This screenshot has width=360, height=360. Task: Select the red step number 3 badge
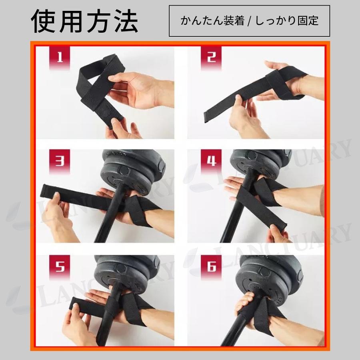[60, 161]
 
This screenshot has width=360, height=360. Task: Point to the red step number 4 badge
[211, 161]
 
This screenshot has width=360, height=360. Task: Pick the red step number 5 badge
[60, 266]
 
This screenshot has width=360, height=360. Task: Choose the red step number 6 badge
[211, 266]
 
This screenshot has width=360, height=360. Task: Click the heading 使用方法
[84, 21]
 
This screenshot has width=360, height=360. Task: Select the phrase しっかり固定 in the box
[287, 21]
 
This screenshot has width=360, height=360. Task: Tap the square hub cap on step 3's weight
[124, 171]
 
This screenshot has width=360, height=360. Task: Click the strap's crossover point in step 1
[92, 98]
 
